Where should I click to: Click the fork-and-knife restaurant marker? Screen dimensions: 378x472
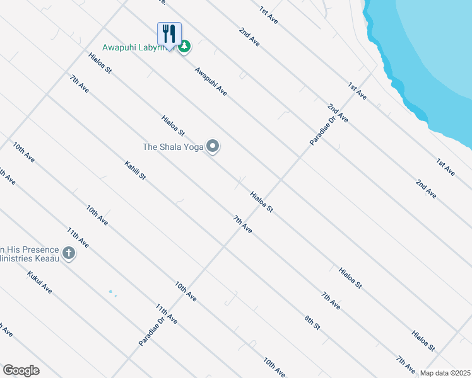169,34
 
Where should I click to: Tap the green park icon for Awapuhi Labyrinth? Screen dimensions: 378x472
184,47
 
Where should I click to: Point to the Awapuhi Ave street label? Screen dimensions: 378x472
211,81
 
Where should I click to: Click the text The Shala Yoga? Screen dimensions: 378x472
173,147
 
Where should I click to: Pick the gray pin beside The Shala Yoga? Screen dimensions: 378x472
213,147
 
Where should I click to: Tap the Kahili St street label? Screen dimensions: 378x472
135,170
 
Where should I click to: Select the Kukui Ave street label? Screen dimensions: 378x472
40,283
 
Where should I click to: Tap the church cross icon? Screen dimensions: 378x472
68,253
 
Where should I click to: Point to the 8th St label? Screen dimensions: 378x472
313,323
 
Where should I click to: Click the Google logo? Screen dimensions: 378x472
21,370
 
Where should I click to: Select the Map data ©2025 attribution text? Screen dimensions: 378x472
445,373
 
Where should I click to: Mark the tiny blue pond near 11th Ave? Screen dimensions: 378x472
111,292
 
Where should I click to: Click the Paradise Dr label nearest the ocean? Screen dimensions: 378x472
321,130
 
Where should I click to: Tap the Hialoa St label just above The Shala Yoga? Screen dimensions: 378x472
172,125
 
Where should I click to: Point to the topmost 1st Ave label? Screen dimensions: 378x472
268,15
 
